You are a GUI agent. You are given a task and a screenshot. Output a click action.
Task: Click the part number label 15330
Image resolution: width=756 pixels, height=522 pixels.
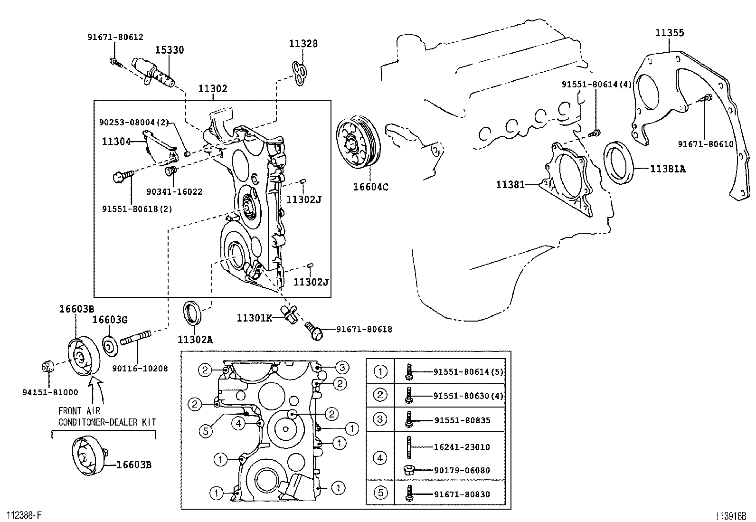[170, 50]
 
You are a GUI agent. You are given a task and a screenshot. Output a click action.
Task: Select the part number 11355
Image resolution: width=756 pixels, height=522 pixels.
[670, 33]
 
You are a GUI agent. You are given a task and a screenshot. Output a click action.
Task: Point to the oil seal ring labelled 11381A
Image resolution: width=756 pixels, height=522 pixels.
[620, 161]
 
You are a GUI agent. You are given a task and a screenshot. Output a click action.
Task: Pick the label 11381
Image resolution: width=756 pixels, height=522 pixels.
[510, 184]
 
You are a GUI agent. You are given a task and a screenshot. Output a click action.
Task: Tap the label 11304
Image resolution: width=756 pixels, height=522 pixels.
[116, 141]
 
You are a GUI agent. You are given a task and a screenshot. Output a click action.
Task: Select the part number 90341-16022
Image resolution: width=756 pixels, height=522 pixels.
[174, 192]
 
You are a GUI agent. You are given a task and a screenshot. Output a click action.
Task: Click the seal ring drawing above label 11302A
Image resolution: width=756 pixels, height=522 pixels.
[192, 313]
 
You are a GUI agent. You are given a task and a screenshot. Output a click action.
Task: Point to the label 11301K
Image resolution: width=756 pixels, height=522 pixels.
[254, 318]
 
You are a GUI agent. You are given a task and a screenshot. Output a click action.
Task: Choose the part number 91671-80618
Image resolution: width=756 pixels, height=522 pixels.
[364, 329]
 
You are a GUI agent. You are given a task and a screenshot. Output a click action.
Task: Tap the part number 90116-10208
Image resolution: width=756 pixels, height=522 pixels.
[140, 368]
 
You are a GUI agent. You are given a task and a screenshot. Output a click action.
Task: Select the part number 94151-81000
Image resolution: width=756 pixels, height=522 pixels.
[50, 392]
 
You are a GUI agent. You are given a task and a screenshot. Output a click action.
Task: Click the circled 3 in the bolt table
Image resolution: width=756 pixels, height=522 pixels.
[380, 419]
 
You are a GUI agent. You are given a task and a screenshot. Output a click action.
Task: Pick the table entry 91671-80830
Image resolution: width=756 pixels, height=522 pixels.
[462, 494]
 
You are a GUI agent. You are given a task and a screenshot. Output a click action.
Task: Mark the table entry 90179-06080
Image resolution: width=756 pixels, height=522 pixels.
[462, 470]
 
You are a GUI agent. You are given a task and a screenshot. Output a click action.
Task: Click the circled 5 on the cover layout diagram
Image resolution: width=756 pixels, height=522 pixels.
[206, 431]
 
